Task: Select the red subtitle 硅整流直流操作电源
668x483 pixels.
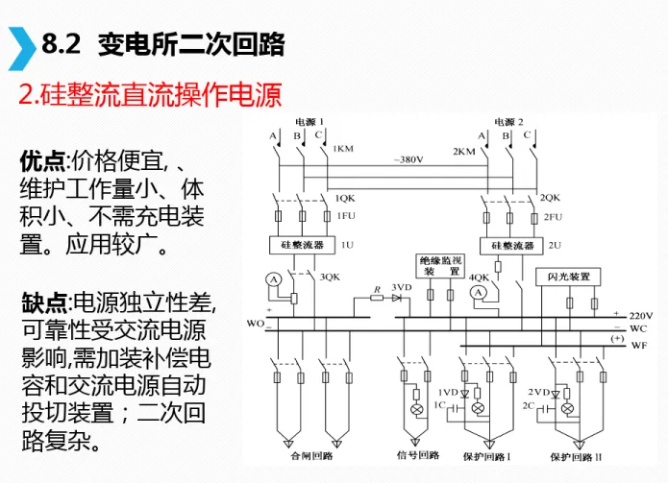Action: tap(150, 96)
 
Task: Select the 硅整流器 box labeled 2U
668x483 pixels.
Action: tap(513, 246)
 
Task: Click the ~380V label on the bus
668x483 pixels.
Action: tap(408, 159)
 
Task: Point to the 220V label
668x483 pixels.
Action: tap(641, 315)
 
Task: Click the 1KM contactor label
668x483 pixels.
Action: tap(342, 150)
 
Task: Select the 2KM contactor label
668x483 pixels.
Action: tap(463, 150)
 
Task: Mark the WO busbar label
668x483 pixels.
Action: tap(255, 323)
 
